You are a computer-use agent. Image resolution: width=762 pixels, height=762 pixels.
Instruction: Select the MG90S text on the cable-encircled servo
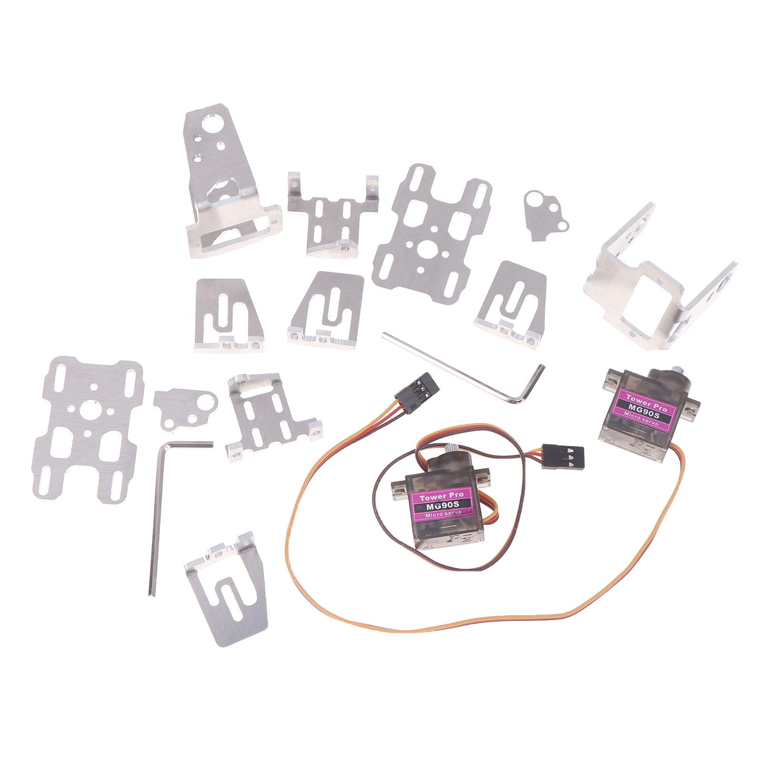tap(440, 504)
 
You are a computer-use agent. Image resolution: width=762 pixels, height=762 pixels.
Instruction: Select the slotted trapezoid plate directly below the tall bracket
tap(228, 314)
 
